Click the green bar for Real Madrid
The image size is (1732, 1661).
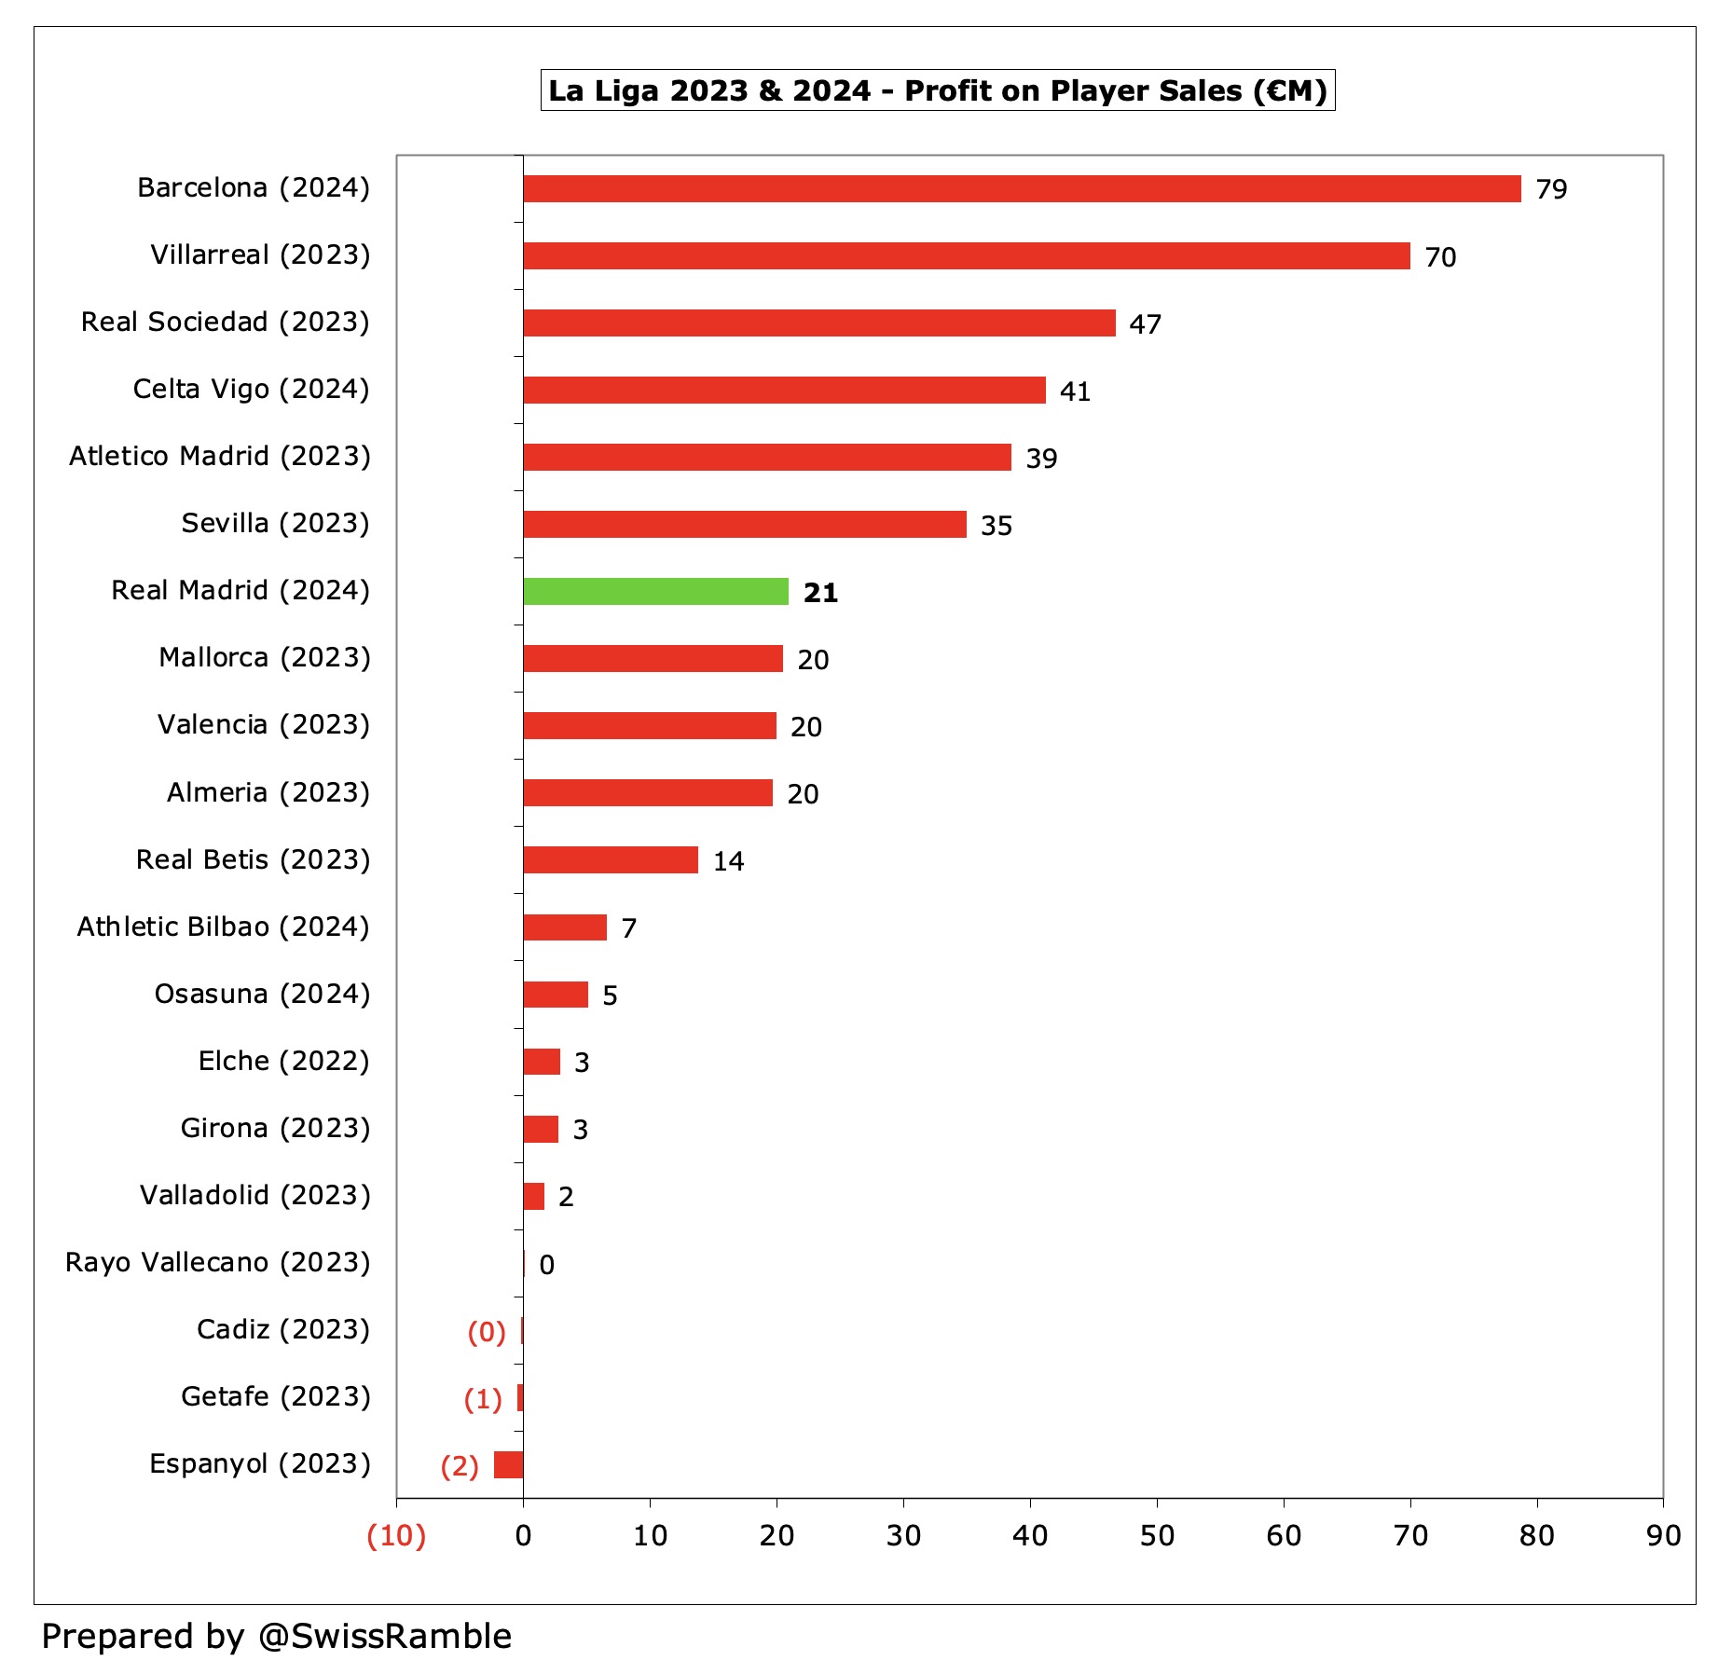tap(655, 591)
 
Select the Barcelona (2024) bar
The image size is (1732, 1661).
tap(1021, 188)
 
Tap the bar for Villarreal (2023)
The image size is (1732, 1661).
tap(966, 255)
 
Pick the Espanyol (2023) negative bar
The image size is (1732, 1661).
tap(509, 1464)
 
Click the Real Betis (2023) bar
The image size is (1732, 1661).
tap(611, 859)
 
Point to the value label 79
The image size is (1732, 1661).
tap(1551, 189)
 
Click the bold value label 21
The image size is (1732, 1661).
tap(820, 593)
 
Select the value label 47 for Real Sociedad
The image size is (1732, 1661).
tap(1145, 324)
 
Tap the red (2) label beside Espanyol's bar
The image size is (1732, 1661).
tap(460, 1466)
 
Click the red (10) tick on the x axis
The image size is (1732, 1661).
tap(396, 1535)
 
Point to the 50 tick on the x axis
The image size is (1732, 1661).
tap(1157, 1535)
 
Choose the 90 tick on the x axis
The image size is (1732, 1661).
tap(1663, 1535)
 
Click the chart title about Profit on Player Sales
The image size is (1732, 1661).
tap(937, 90)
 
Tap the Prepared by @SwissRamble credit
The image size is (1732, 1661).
tap(277, 1636)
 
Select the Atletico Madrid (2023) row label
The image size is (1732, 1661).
tap(220, 456)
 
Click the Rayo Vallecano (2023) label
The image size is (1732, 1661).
tap(218, 1262)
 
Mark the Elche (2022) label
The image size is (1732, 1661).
tap(283, 1061)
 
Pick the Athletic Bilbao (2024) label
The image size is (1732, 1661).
tap(224, 927)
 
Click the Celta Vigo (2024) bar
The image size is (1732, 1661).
tap(784, 390)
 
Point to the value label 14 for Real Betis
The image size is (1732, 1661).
tap(728, 861)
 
